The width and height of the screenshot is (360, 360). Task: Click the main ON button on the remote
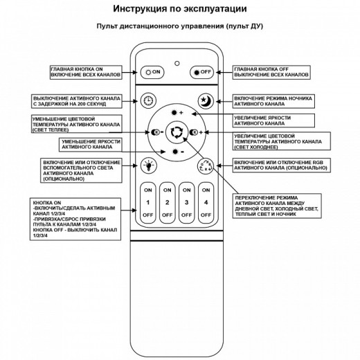tap(152, 71)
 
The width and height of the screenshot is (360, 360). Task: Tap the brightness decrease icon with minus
tap(177, 151)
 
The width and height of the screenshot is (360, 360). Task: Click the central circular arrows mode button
tap(177, 132)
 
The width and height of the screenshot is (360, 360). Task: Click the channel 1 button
tap(148, 202)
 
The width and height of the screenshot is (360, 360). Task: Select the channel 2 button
tap(167, 202)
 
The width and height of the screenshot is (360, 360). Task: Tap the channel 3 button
tap(186, 202)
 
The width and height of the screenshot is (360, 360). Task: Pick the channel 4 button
tap(205, 202)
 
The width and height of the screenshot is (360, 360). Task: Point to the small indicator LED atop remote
tap(177, 58)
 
